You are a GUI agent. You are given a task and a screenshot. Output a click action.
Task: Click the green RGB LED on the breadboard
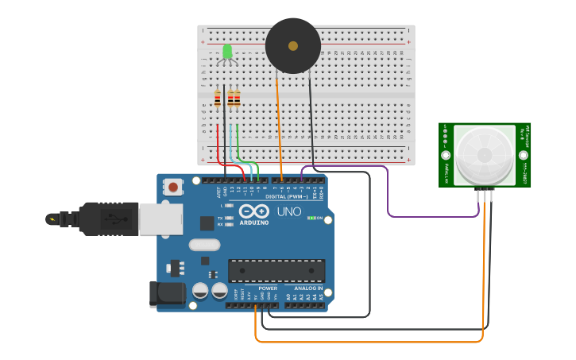tap(227, 52)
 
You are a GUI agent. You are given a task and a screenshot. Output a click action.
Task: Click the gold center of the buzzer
tap(293, 46)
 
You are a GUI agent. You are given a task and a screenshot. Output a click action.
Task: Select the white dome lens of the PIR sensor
tap(484, 154)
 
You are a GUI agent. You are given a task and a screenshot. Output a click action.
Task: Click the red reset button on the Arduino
tap(172, 188)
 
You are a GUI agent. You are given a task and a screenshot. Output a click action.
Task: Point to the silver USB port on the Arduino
tap(160, 219)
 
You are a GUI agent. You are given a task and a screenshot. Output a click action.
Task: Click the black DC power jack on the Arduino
tap(168, 293)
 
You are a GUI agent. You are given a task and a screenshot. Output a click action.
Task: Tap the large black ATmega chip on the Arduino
tap(276, 270)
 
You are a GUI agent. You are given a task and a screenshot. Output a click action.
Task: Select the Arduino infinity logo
tap(253, 211)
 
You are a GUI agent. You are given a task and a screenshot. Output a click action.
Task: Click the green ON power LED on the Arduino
tap(311, 218)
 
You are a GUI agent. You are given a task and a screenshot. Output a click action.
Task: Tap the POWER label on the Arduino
tap(268, 288)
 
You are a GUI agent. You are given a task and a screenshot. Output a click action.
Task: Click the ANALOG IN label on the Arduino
tap(308, 288)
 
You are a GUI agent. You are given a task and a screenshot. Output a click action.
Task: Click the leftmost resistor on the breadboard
tap(218, 99)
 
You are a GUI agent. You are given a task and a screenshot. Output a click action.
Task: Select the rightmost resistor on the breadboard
tap(237, 99)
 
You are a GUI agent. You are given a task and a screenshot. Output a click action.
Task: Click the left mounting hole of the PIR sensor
tap(446, 156)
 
